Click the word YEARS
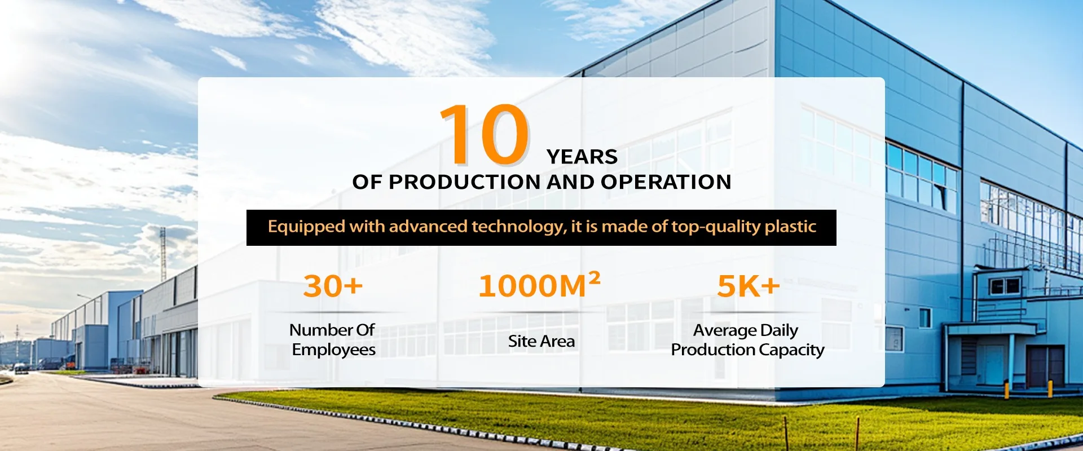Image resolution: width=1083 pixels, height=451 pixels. click(582, 157)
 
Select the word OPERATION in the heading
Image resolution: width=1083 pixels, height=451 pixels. click(666, 182)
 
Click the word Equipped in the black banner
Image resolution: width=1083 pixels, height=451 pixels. click(306, 227)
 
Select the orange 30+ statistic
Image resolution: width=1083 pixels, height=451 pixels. click(333, 286)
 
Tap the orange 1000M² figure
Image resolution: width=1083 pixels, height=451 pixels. click(539, 285)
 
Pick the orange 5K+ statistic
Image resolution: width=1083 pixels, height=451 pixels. click(749, 286)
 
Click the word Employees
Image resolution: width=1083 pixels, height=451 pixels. click(334, 350)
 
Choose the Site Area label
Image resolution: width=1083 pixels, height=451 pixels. click(541, 341)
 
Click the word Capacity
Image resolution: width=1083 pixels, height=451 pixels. click(791, 350)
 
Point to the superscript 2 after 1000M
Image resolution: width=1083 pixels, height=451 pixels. click(594, 277)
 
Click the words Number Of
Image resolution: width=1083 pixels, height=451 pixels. click(332, 330)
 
